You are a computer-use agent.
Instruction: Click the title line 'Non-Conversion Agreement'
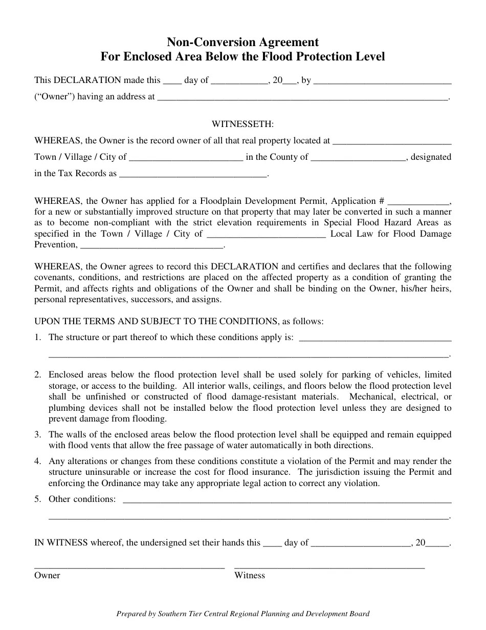242,42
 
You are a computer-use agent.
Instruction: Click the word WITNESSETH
242,124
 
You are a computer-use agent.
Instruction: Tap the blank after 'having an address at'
302,97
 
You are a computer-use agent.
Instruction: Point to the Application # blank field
418,201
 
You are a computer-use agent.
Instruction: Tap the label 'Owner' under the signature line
47,576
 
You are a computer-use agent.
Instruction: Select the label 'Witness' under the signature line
250,576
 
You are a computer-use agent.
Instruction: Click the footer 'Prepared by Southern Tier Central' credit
242,614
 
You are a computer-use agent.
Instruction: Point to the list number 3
38,434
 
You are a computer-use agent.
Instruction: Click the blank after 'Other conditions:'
287,500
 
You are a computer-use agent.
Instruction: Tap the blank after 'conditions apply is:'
374,339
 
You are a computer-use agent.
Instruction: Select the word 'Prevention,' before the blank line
56,245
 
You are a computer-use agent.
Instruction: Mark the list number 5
38,499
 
